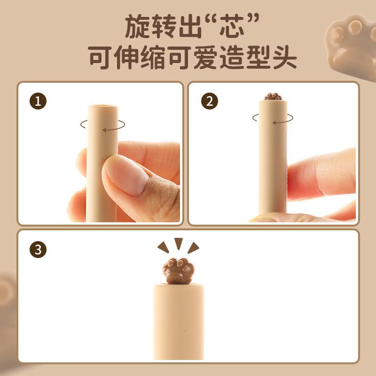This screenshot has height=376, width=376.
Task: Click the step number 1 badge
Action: tap(38, 102)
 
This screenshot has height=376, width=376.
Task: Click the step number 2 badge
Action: tap(209, 102)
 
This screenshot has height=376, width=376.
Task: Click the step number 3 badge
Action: tap(38, 250)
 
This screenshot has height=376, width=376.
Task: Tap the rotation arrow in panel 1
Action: tap(102, 124)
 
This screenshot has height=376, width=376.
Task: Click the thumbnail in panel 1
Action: tap(123, 175)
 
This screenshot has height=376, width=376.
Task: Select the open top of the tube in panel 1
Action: tap(103, 107)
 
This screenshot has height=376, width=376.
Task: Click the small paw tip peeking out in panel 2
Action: tap(273, 97)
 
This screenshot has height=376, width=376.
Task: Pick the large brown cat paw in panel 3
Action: tap(178, 271)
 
